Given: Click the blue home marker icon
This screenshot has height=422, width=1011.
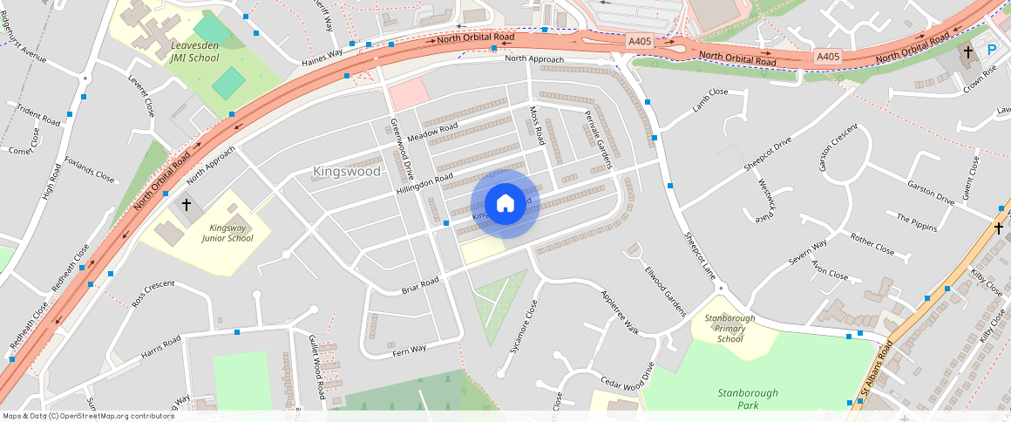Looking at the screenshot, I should (x=505, y=204).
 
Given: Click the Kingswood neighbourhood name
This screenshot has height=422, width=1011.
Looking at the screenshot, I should (x=347, y=172).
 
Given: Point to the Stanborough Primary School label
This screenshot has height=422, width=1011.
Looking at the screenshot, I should (x=730, y=328).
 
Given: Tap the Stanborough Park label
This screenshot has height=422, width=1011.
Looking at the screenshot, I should (x=748, y=398).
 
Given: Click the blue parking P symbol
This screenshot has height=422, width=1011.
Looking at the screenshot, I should (x=991, y=50).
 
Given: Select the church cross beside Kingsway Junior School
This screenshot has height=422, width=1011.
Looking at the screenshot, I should (x=186, y=205).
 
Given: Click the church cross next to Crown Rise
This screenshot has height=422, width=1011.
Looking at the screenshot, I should (x=967, y=51).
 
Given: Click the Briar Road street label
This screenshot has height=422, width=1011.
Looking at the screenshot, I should (x=420, y=284).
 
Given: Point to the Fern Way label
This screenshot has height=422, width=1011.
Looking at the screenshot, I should (x=410, y=349).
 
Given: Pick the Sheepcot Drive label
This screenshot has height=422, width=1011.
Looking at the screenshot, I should (x=768, y=154).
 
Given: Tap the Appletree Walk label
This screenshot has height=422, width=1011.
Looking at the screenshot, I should (x=620, y=312).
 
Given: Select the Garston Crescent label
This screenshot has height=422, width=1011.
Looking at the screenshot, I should (x=838, y=146).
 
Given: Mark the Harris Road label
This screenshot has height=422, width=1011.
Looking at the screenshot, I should (x=160, y=347).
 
